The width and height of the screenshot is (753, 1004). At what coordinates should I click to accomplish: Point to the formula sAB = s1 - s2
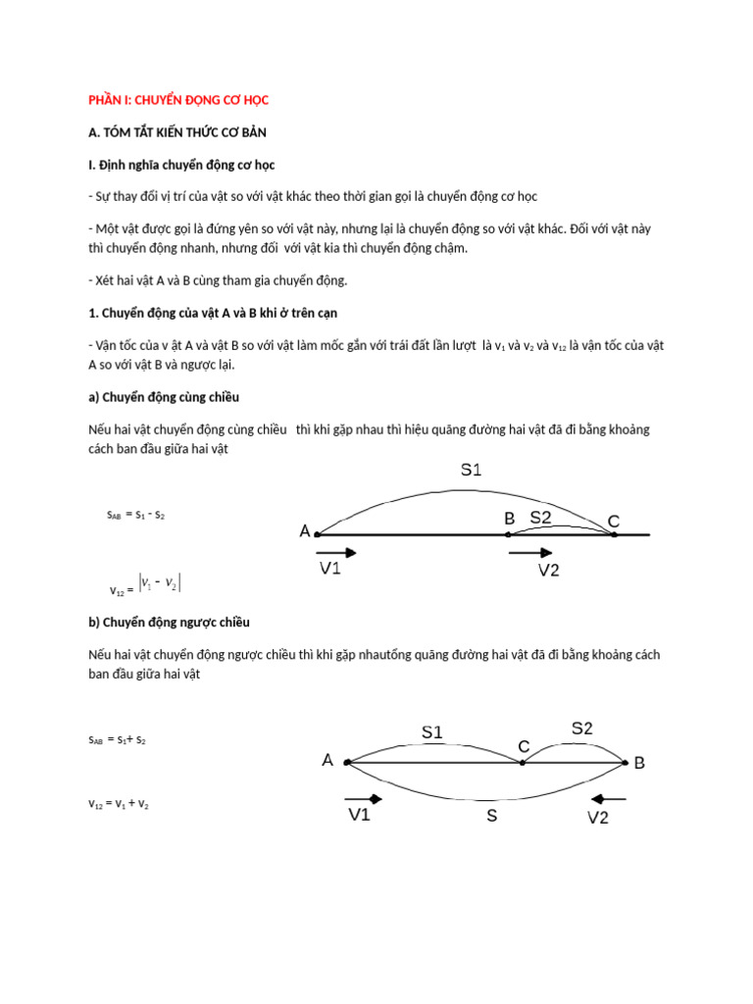[135, 515]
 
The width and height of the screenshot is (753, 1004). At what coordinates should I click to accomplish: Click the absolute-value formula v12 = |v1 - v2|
[146, 585]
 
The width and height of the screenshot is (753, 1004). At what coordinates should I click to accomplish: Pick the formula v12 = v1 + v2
[119, 804]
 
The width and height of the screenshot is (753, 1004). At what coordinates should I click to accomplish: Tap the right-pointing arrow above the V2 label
[529, 553]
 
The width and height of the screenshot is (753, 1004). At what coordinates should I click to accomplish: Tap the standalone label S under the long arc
[492, 815]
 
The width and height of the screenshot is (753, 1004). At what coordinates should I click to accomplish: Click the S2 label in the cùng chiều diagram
[541, 517]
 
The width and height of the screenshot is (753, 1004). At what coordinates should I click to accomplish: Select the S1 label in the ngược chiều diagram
[432, 731]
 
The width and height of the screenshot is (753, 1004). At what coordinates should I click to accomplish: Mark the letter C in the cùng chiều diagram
[614, 522]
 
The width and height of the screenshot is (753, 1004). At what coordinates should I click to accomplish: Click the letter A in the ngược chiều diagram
[327, 760]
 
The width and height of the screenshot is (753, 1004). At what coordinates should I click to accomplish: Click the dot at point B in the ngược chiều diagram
[624, 763]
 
